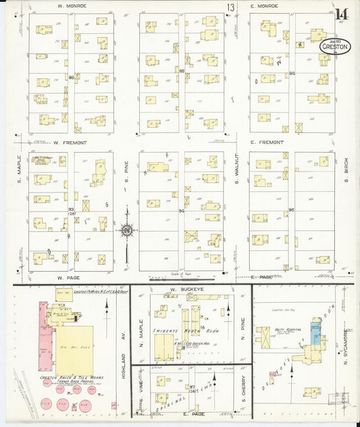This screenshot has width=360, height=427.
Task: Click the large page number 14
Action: point(340,13)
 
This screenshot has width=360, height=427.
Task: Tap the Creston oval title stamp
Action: point(335,47)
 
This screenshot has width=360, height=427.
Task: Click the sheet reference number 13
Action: point(231,7)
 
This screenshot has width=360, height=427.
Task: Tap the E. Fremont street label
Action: point(266,143)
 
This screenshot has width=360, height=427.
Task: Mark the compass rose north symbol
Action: point(126,231)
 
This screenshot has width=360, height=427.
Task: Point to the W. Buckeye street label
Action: point(182,289)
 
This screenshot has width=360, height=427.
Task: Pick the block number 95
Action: point(292,210)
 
